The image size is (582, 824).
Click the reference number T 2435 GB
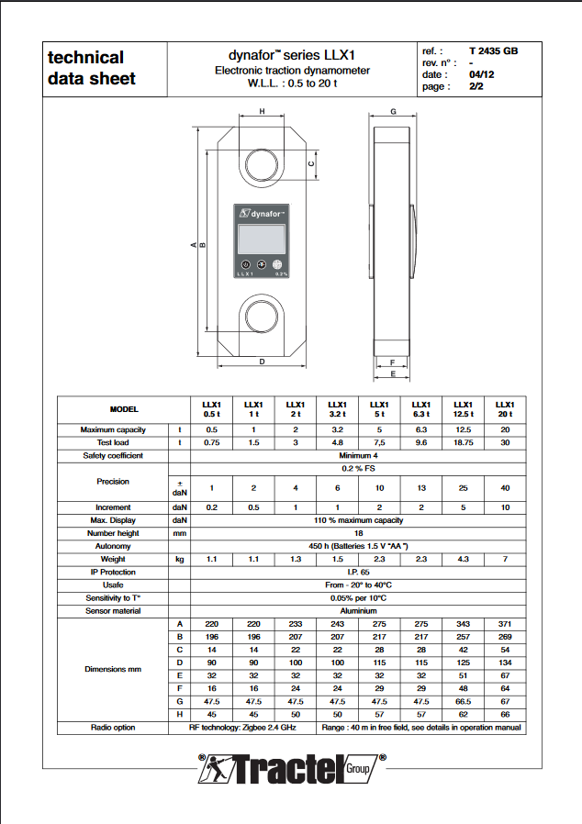click(x=493, y=51)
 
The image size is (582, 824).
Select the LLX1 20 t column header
click(x=505, y=409)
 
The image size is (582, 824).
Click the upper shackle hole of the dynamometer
click(x=263, y=164)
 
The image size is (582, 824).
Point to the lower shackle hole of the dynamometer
click(x=263, y=316)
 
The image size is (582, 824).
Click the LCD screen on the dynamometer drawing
click(x=262, y=240)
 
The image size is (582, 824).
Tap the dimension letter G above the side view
click(x=392, y=112)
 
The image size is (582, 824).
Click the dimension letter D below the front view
click(x=262, y=362)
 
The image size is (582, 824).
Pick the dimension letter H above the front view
click(x=262, y=112)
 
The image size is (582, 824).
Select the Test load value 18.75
click(x=463, y=442)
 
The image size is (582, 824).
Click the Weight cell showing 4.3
click(x=463, y=559)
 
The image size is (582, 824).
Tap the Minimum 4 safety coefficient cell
click(x=357, y=455)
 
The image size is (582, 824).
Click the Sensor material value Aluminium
click(x=357, y=610)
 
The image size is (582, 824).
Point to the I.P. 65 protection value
click(x=357, y=572)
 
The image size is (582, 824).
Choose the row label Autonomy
click(x=113, y=546)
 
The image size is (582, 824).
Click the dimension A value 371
click(x=505, y=624)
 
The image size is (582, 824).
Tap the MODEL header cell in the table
click(x=124, y=409)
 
